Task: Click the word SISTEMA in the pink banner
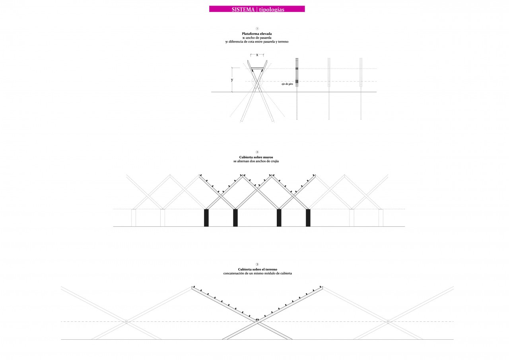(x=243, y=9)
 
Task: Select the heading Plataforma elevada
(x=257, y=34)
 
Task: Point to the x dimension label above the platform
(x=257, y=55)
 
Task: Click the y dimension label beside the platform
(x=232, y=80)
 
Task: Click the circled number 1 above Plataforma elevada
(x=257, y=29)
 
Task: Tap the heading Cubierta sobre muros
(x=257, y=158)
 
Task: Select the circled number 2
(x=257, y=152)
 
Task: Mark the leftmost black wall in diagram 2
(x=206, y=218)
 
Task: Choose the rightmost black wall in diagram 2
(x=308, y=218)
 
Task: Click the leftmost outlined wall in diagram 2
(x=134, y=218)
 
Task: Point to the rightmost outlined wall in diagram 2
(x=381, y=218)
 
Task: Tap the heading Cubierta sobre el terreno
(x=257, y=269)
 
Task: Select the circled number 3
(x=257, y=264)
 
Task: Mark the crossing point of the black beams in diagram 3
(x=257, y=321)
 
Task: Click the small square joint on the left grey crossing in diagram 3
(x=126, y=321)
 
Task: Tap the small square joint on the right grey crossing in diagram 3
(x=388, y=321)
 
